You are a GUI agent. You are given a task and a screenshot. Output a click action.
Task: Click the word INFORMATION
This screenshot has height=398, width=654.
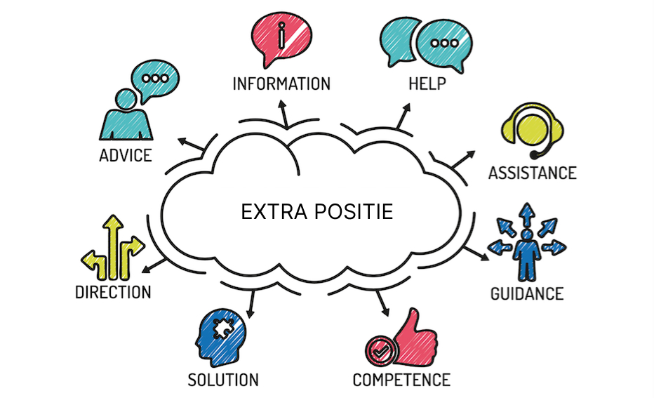[281, 84]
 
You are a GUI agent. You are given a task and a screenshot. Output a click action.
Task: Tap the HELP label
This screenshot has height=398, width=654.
[427, 84]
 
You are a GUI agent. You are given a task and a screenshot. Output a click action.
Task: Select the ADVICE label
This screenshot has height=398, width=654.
[126, 155]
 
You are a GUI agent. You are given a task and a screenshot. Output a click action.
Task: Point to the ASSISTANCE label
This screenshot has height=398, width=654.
[533, 173]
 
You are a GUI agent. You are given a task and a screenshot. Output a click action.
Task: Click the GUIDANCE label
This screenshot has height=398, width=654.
[527, 293]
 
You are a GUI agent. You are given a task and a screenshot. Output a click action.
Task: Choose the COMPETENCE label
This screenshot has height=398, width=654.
[401, 380]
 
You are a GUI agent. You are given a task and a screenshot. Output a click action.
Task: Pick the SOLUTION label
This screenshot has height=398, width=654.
[223, 380]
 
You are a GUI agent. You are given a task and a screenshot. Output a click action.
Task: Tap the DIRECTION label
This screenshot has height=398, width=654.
[113, 292]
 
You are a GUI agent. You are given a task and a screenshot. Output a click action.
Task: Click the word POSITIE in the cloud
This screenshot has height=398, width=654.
[354, 211]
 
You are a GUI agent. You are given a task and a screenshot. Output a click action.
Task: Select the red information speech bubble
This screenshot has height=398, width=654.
[281, 38]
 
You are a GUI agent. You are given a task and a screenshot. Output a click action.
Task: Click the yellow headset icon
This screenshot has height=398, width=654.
[532, 130]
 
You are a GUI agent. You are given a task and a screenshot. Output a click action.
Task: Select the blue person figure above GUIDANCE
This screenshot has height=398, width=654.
[527, 255]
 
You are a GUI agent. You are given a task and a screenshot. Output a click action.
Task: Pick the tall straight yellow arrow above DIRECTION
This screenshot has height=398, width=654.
[113, 247]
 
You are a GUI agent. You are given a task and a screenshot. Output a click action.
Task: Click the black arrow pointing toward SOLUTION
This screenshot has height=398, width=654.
[251, 305]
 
